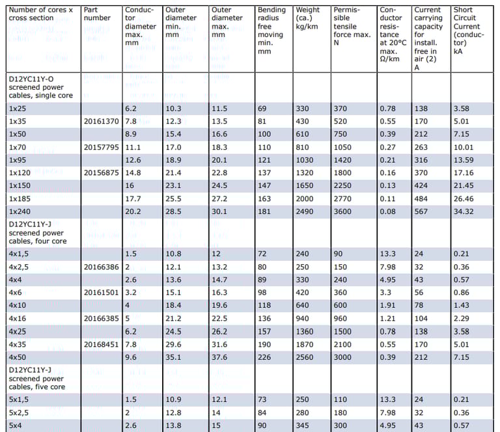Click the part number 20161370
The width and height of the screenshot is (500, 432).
(101, 121)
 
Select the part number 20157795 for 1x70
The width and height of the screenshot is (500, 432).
(101, 147)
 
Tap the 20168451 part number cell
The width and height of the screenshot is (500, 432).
(101, 345)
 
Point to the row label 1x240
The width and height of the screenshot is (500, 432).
(20, 212)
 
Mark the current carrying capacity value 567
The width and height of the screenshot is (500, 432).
(421, 212)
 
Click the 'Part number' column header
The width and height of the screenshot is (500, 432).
(97, 14)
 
